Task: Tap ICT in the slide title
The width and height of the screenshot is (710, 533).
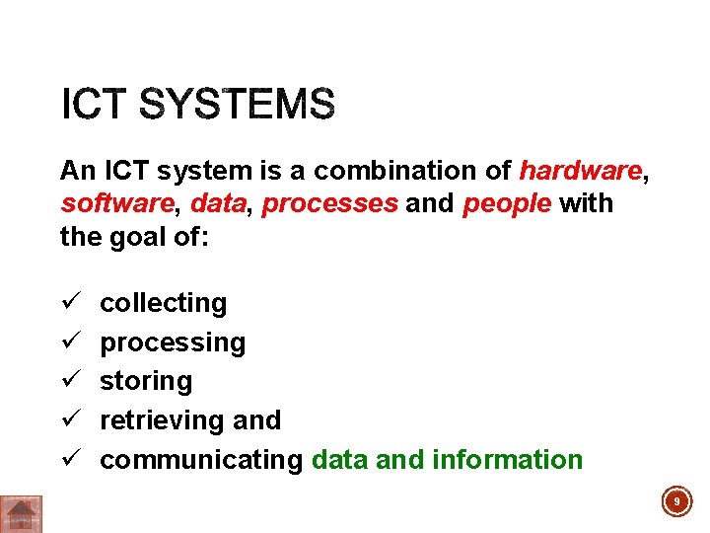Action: click(x=96, y=105)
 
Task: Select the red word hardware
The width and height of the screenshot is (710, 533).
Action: click(x=580, y=171)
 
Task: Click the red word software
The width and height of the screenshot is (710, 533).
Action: click(x=116, y=204)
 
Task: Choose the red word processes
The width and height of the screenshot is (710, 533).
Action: click(x=329, y=204)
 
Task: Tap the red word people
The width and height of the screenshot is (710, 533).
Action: click(x=506, y=204)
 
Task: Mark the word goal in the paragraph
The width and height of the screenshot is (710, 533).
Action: click(x=138, y=237)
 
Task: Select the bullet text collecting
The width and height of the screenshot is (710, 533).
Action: click(x=164, y=303)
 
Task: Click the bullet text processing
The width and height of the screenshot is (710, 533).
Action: click(x=173, y=343)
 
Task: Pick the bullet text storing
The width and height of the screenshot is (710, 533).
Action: click(x=146, y=381)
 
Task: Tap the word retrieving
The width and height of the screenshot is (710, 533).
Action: click(x=163, y=420)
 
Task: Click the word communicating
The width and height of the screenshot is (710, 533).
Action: click(x=201, y=460)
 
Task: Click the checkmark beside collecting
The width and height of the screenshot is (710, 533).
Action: click(x=68, y=302)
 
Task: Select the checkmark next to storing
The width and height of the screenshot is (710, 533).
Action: click(x=68, y=380)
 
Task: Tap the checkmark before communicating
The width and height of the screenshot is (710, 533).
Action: click(x=68, y=459)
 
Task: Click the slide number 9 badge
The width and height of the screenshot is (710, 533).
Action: click(x=676, y=502)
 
